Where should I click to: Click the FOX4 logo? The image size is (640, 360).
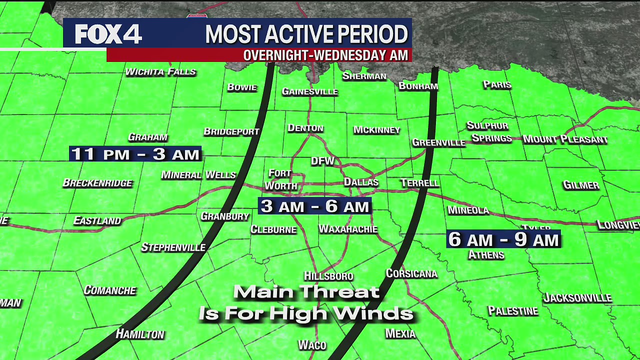click(x=108, y=34)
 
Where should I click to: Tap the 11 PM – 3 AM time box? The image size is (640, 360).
click(x=135, y=154)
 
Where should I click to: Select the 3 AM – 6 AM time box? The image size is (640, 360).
click(x=315, y=206)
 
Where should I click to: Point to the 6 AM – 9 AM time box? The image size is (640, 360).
click(x=503, y=239)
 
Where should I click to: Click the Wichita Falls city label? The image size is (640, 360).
click(x=160, y=72)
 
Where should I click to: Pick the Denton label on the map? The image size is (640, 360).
click(x=305, y=128)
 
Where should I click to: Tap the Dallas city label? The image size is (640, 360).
click(x=361, y=182)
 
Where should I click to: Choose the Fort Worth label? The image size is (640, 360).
click(x=280, y=179)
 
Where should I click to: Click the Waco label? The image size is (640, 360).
click(x=312, y=345)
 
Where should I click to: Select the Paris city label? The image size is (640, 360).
click(x=497, y=84)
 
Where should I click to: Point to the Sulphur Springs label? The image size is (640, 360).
click(x=489, y=132)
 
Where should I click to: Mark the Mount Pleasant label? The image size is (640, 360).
click(x=565, y=139)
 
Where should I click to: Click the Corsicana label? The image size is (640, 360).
click(x=411, y=273)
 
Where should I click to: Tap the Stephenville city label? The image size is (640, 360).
click(x=173, y=247)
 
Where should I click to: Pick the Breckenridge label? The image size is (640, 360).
click(x=97, y=183)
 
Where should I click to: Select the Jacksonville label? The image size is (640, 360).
click(x=577, y=298)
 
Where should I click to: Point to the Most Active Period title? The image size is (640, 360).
click(x=306, y=34)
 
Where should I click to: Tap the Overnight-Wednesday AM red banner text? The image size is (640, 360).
click(x=325, y=55)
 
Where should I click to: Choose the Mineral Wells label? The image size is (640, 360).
click(x=198, y=175)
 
